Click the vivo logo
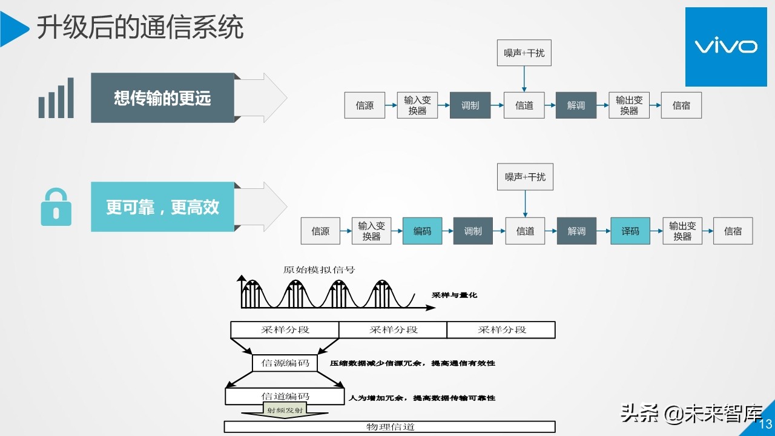(x=725, y=47)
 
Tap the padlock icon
(x=56, y=207)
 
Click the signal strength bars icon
(x=56, y=98)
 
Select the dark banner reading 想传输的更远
(x=162, y=98)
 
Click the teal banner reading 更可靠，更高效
(x=162, y=207)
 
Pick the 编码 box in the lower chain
(x=422, y=231)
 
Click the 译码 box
(x=630, y=231)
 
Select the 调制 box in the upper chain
(x=470, y=105)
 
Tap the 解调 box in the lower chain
(x=576, y=231)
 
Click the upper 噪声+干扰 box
(x=524, y=53)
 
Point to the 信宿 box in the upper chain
(x=681, y=105)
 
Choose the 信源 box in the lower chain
(x=320, y=231)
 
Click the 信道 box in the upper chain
(x=524, y=105)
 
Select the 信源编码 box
(x=285, y=363)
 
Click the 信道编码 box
(x=285, y=397)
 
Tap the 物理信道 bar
(x=390, y=427)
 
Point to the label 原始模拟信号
(x=318, y=269)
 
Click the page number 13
(x=765, y=424)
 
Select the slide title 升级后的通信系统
(x=140, y=28)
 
